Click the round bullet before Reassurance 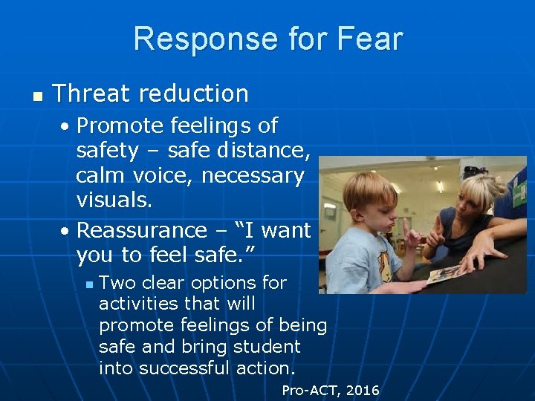66,231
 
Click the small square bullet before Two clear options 88,284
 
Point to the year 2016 362,390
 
